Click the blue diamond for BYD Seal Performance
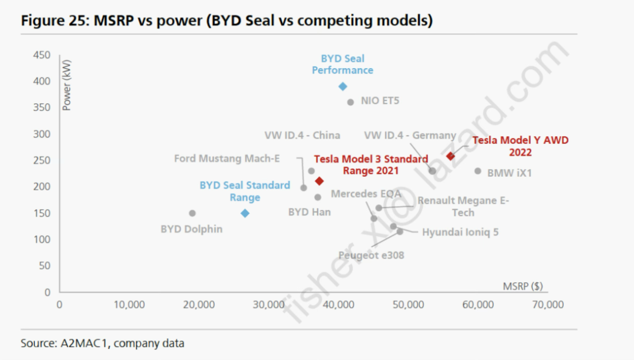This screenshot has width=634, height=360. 343,86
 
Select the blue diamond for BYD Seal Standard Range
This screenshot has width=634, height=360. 245,213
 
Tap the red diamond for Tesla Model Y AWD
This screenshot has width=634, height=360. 450,156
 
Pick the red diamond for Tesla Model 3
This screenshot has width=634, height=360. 319,181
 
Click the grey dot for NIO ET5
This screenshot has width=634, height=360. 350,102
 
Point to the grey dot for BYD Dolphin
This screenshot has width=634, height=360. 192,213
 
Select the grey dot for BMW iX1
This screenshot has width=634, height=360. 478,171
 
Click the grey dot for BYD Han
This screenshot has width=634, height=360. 318,197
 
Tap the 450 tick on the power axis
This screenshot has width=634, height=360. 42,55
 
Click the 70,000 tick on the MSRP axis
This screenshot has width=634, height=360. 547,305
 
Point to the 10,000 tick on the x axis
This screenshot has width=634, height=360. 129,305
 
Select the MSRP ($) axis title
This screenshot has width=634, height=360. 522,287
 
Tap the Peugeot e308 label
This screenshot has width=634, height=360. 371,255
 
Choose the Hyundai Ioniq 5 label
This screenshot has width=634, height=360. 460,232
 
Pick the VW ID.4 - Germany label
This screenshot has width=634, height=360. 410,136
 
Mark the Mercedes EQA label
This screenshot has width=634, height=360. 366,194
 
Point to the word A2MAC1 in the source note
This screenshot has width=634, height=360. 80,343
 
